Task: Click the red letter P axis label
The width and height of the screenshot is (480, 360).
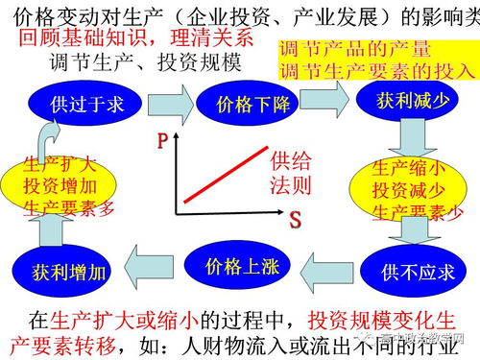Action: tap(164, 143)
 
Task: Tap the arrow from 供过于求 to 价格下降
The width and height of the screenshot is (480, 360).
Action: tap(174, 101)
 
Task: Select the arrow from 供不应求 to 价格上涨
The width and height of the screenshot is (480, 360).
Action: tap(332, 266)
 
